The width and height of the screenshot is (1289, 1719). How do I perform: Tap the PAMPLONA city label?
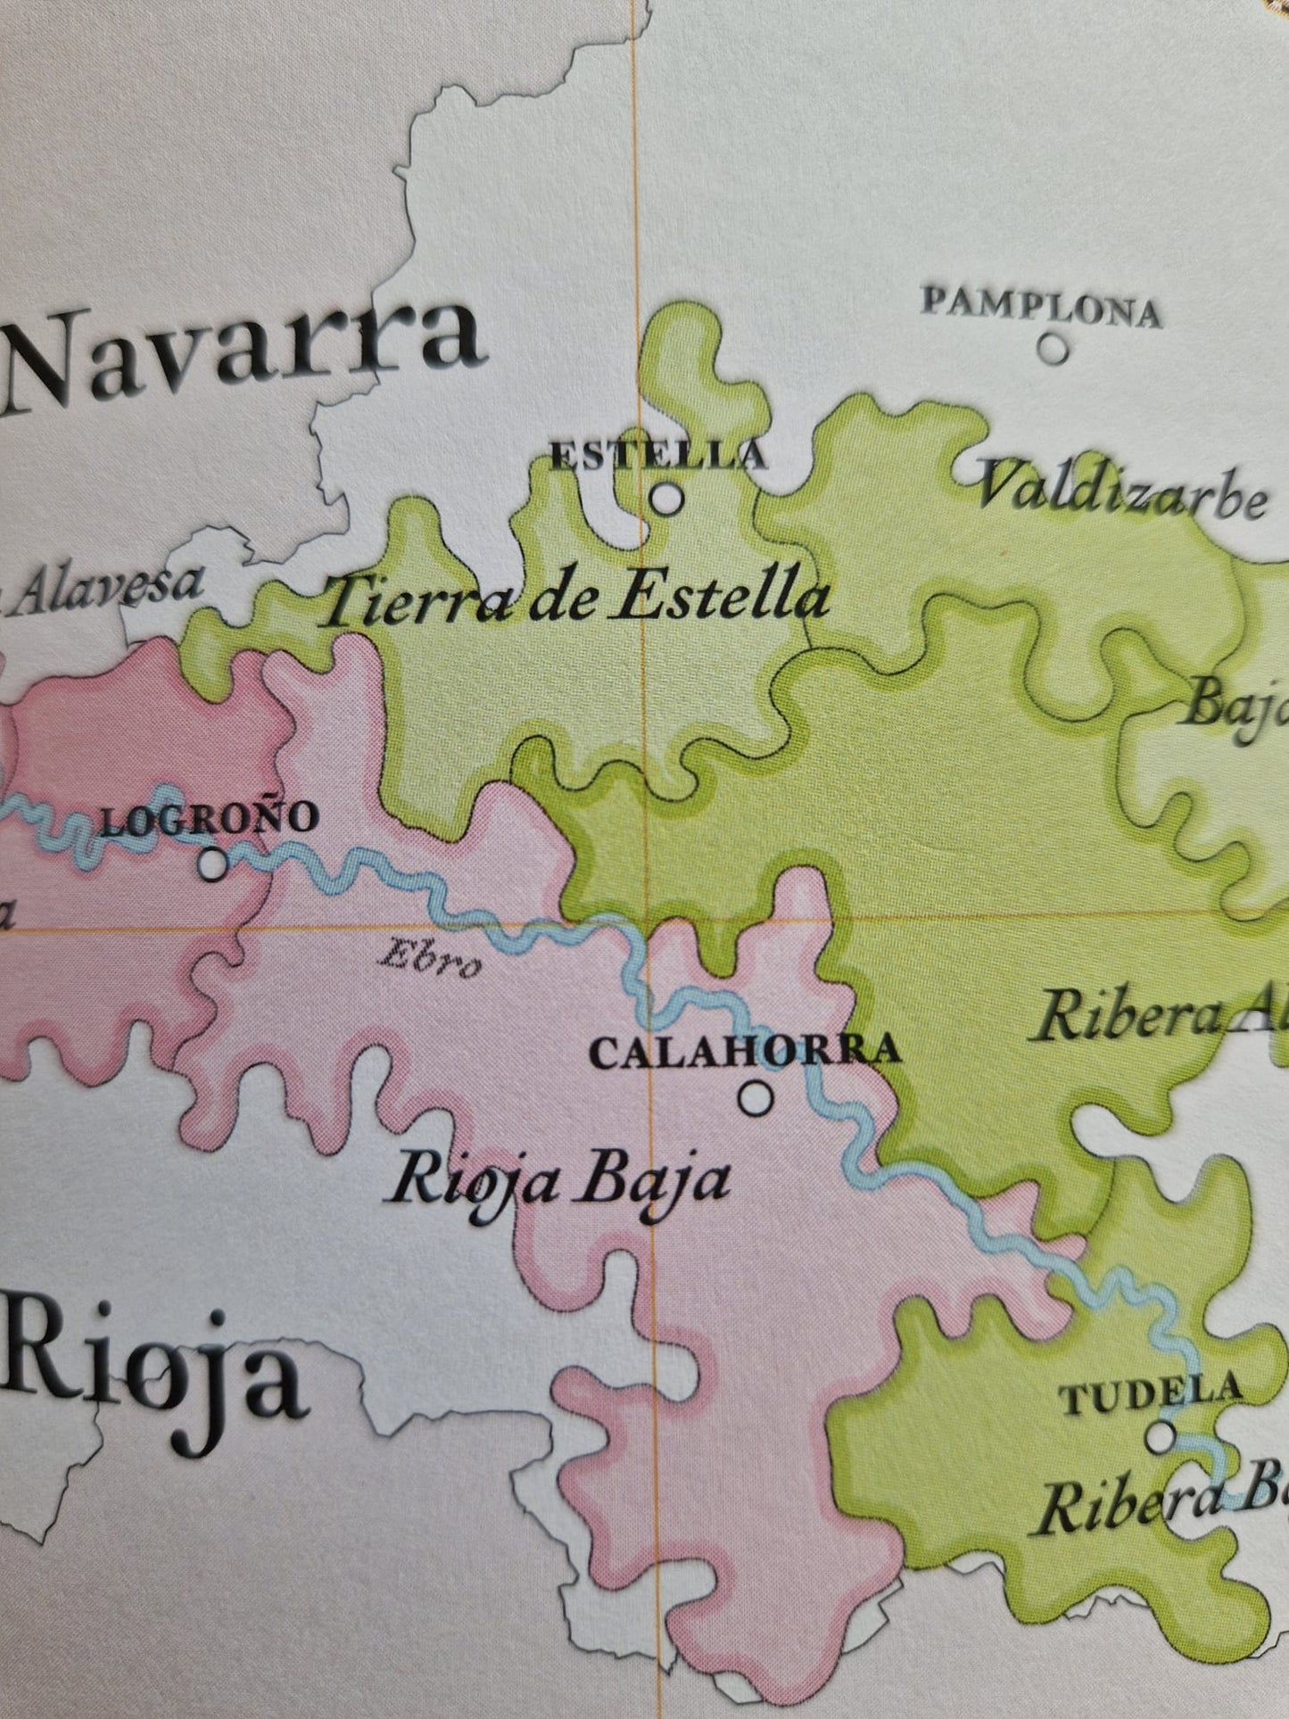tap(1041, 309)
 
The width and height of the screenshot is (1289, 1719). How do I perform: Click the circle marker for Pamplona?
tap(1054, 347)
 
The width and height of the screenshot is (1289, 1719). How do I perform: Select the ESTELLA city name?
tap(657, 456)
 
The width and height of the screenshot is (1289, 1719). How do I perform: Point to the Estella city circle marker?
tap(665, 499)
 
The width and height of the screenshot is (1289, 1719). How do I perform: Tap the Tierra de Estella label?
tap(575, 600)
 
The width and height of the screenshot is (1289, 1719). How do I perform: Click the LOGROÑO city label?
tap(210, 819)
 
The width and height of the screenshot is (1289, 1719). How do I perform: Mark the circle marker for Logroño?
tap(212, 864)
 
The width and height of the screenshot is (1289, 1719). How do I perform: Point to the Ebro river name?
tap(432, 961)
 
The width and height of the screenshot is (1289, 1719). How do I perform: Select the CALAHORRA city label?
tap(745, 1051)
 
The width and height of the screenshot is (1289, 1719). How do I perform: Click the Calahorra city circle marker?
tap(756, 1097)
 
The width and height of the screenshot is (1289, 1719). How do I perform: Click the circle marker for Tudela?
tap(1160, 1436)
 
